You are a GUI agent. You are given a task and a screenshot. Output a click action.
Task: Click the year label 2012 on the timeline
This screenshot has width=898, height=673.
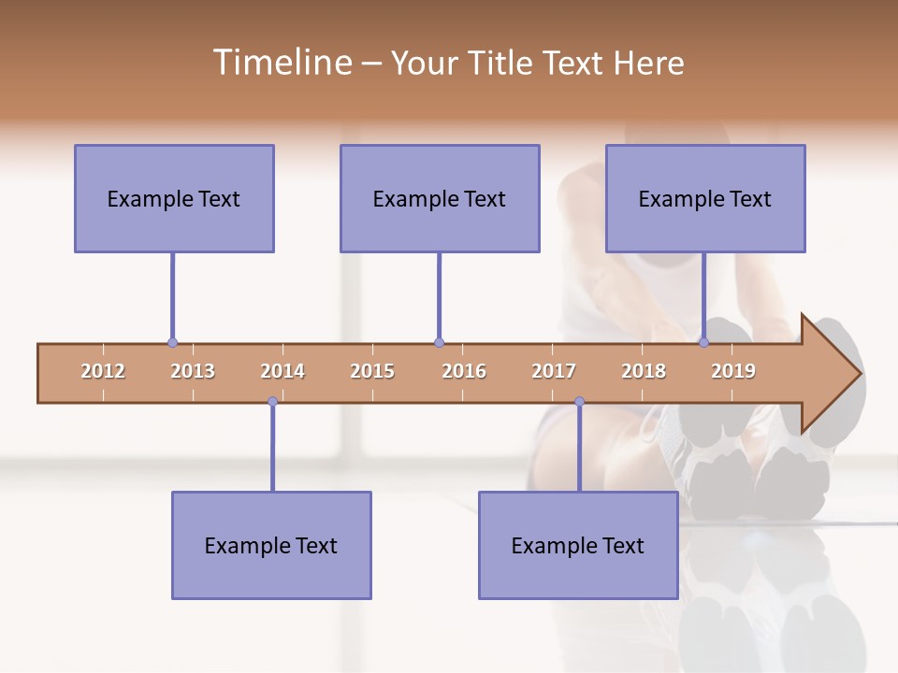[x=103, y=371]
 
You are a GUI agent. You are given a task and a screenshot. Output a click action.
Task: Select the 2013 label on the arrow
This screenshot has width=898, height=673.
[x=193, y=371]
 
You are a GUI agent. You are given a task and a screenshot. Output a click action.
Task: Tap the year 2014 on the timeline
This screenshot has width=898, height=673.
[x=282, y=371]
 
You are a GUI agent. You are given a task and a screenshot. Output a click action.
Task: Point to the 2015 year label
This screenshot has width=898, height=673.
[x=372, y=371]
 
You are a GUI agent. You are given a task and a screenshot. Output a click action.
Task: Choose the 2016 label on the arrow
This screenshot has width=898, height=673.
[x=464, y=371]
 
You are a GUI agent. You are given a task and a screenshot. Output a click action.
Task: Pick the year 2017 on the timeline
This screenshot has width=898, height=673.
[x=554, y=371]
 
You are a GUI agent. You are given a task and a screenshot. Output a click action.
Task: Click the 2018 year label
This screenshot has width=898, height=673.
[x=644, y=371]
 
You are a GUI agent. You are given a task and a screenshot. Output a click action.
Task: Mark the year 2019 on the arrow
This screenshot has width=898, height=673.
[x=733, y=371]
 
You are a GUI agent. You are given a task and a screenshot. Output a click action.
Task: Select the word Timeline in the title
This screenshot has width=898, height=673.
[x=281, y=63]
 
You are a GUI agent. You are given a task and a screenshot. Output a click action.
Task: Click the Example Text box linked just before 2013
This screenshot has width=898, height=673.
[x=174, y=198]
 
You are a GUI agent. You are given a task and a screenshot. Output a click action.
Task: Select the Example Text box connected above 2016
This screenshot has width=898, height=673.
[x=440, y=198]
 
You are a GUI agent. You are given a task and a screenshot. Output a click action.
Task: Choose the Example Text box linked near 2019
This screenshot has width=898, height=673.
[x=705, y=198]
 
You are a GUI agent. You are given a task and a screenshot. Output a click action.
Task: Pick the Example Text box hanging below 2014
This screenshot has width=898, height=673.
[x=271, y=545]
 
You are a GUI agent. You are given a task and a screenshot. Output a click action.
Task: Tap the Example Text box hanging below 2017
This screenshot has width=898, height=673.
[x=578, y=545]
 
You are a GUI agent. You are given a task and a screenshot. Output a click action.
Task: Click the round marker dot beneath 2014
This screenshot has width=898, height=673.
[x=272, y=402]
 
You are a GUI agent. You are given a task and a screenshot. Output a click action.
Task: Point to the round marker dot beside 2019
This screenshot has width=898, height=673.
[x=704, y=342]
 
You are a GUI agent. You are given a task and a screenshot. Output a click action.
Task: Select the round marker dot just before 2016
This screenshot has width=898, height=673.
[x=439, y=342]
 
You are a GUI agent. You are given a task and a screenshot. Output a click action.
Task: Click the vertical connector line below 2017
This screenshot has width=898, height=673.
[x=579, y=447]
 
